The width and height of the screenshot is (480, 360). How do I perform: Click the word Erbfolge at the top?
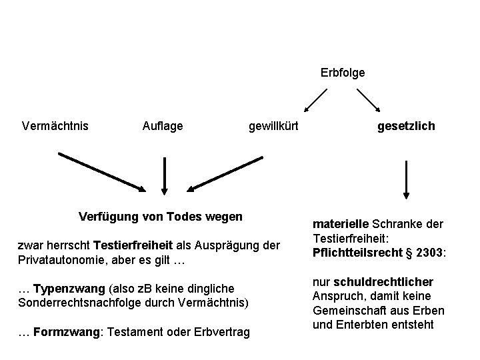(x=343, y=72)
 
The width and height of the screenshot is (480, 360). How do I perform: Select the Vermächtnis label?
(x=55, y=125)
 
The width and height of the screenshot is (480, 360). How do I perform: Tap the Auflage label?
(x=163, y=125)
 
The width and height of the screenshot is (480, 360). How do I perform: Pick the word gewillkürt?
(x=273, y=125)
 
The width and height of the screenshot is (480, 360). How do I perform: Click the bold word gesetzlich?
(x=406, y=125)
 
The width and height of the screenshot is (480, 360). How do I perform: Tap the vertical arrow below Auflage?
(x=164, y=175)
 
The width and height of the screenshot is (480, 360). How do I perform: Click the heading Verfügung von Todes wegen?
(x=161, y=217)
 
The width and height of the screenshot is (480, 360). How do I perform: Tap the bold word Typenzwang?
(x=69, y=289)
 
